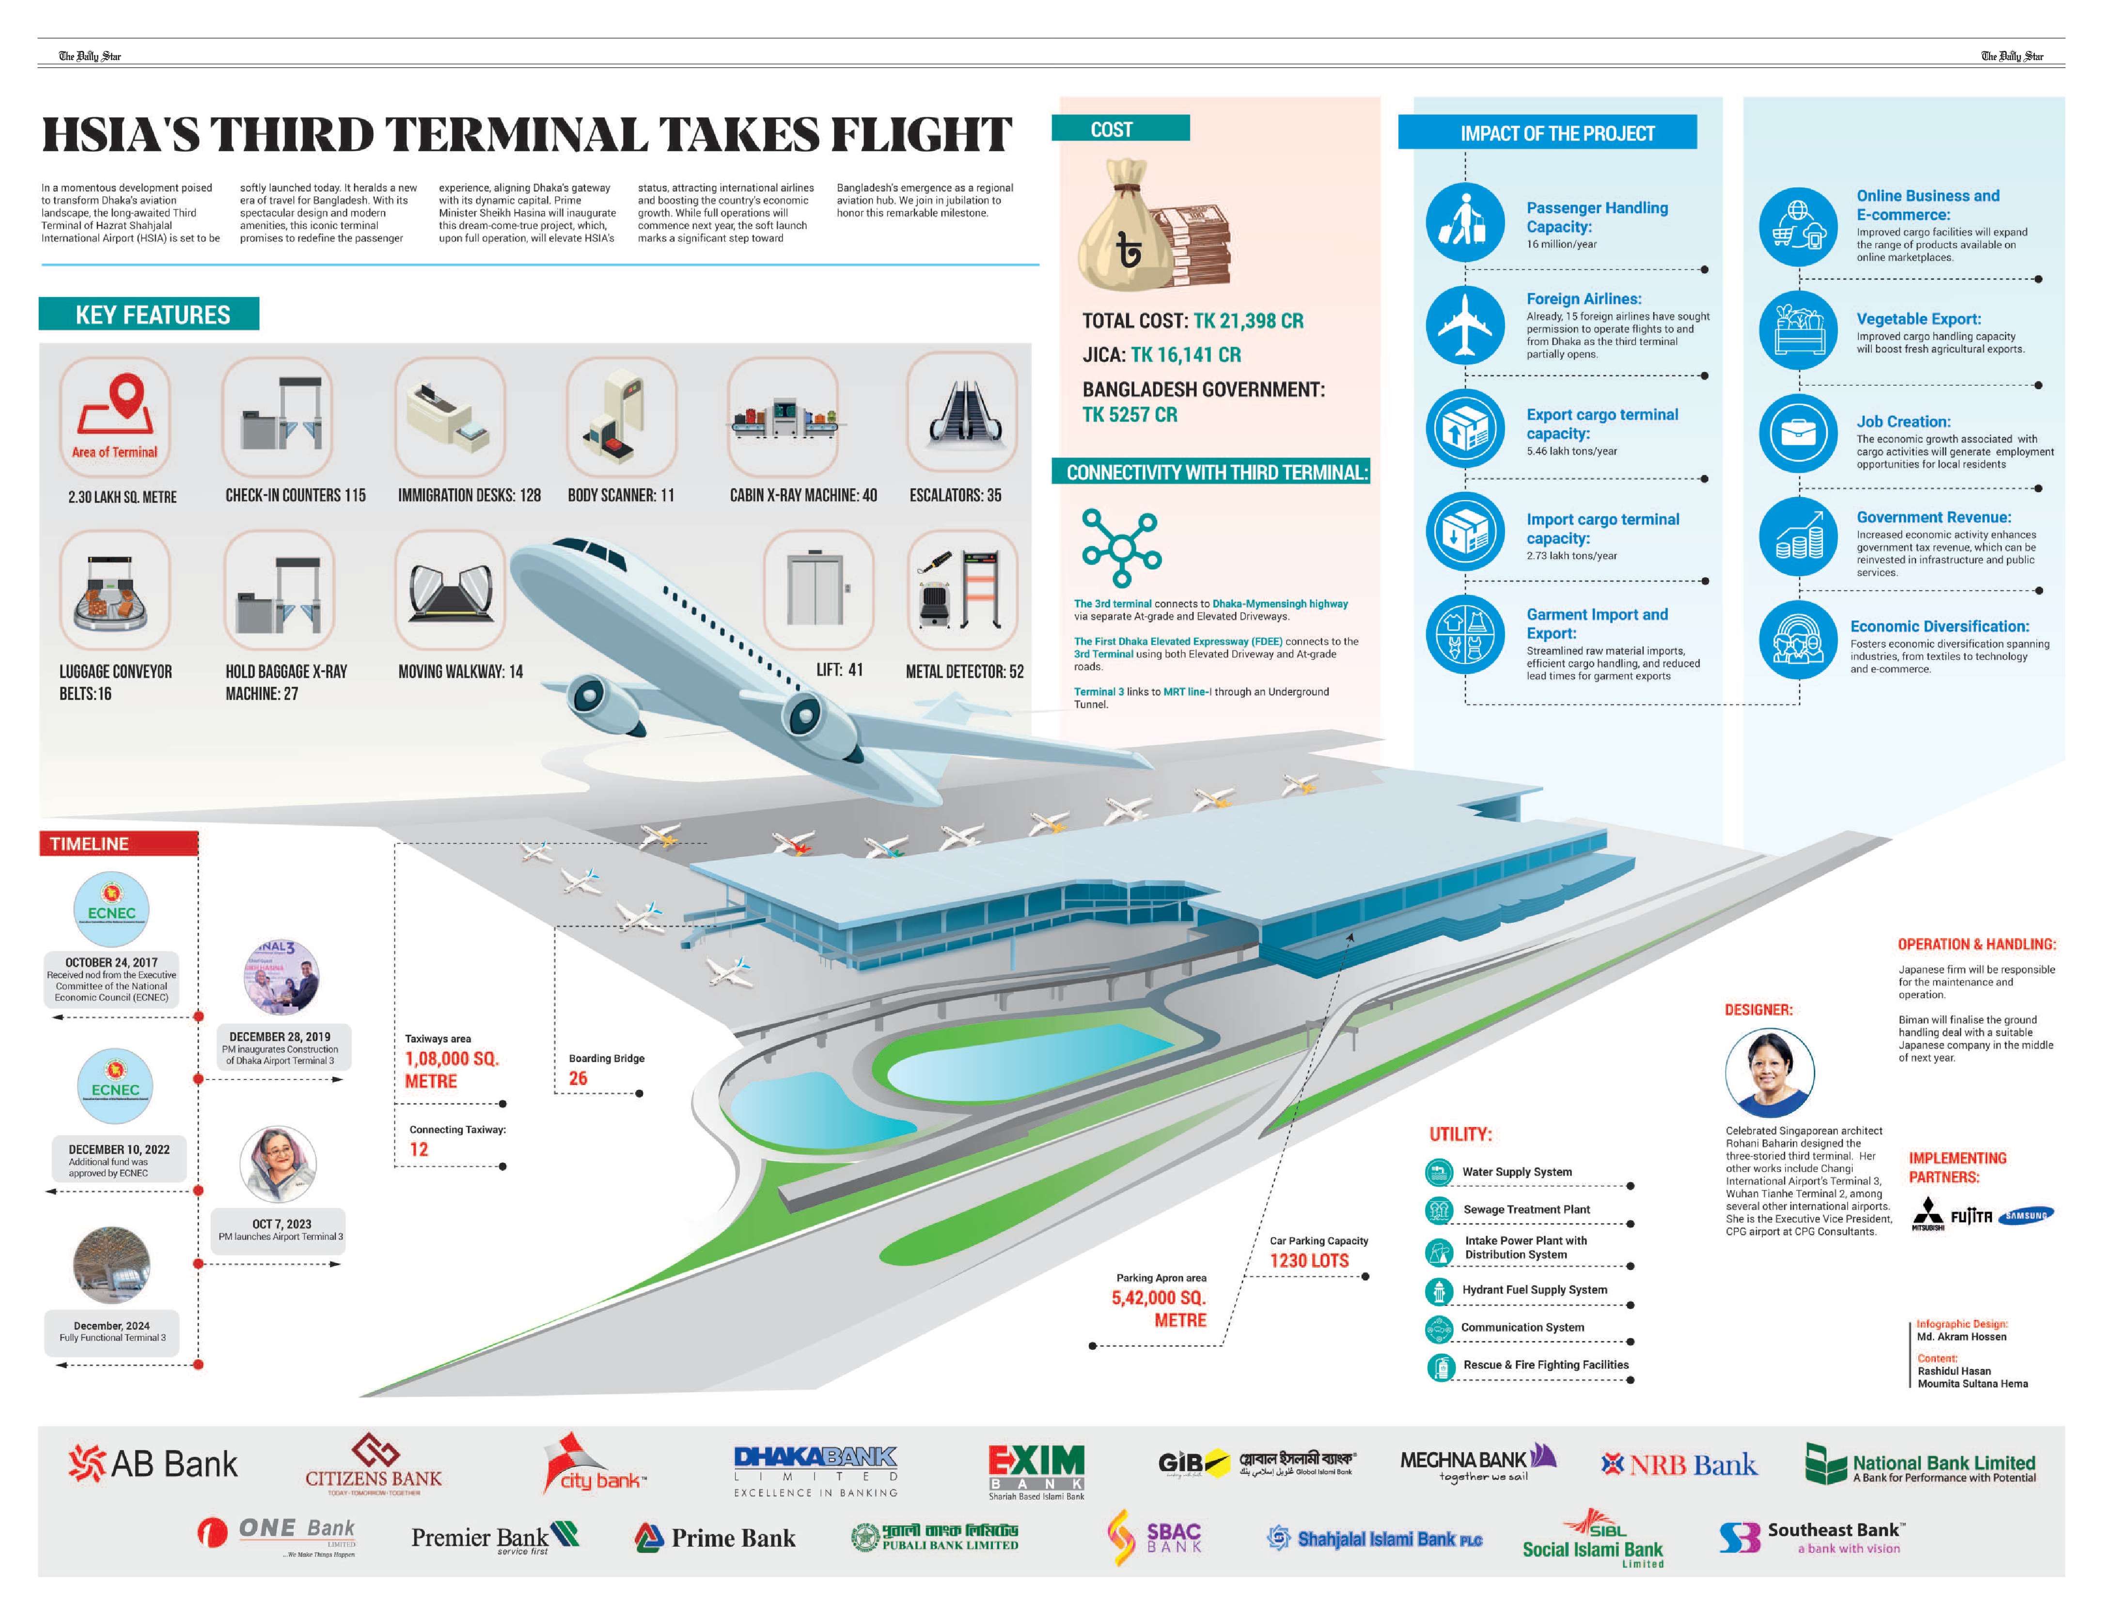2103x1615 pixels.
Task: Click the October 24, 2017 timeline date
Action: pos(111,962)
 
